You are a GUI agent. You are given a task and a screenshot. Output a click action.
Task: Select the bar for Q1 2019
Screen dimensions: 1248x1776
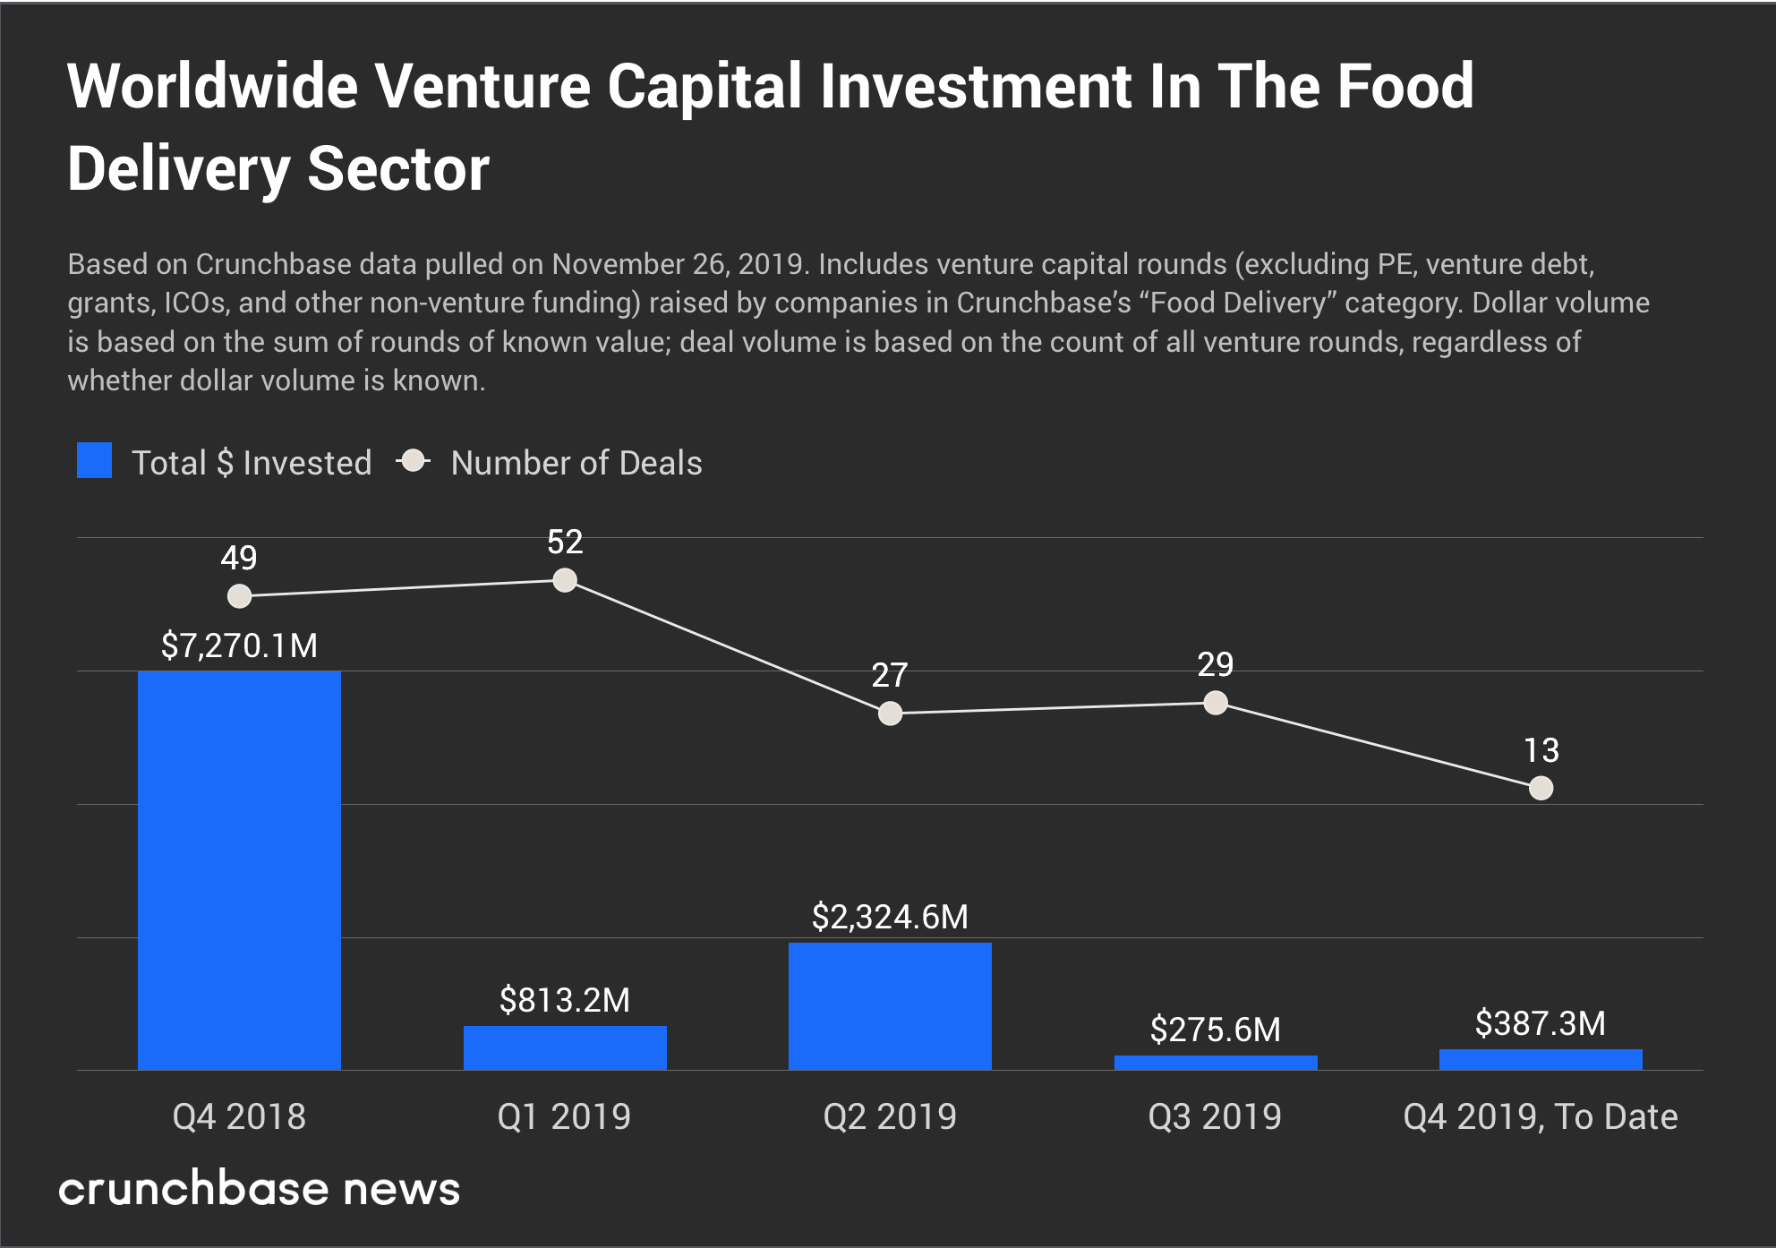click(565, 1047)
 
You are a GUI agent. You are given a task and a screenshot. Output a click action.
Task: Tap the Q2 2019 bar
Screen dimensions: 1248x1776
click(890, 1006)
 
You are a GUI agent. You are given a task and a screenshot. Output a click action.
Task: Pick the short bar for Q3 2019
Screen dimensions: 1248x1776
click(1216, 1063)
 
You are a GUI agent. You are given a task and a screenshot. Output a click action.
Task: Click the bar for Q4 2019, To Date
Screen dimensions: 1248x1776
click(1541, 1060)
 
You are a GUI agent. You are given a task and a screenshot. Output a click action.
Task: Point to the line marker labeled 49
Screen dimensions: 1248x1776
click(239, 596)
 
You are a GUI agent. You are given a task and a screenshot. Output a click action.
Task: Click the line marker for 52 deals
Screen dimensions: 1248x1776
click(565, 581)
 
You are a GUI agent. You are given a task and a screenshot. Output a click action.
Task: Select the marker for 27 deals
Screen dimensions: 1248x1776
click(890, 714)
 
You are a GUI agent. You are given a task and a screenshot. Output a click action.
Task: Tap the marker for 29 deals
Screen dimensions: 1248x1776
click(1216, 704)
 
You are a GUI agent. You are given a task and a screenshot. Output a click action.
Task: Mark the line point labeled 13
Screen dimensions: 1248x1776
click(1541, 789)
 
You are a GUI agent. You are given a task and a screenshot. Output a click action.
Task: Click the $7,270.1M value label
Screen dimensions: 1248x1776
click(239, 645)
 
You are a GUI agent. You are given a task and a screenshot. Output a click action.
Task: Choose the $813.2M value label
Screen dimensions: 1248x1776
click(565, 1000)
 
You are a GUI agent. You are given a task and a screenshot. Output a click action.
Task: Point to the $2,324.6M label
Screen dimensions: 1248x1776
click(890, 917)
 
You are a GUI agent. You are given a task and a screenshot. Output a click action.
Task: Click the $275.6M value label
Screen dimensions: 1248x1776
click(1216, 1030)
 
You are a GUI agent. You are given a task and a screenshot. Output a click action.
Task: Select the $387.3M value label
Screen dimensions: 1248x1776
click(1541, 1023)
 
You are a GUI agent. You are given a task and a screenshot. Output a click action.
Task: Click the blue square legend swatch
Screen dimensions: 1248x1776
click(94, 461)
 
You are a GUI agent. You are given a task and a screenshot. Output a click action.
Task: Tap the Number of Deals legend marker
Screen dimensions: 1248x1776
click(414, 461)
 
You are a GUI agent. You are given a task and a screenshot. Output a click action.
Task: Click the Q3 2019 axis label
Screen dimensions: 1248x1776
click(1216, 1116)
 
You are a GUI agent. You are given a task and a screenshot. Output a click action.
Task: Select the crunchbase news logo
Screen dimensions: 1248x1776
click(260, 1189)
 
